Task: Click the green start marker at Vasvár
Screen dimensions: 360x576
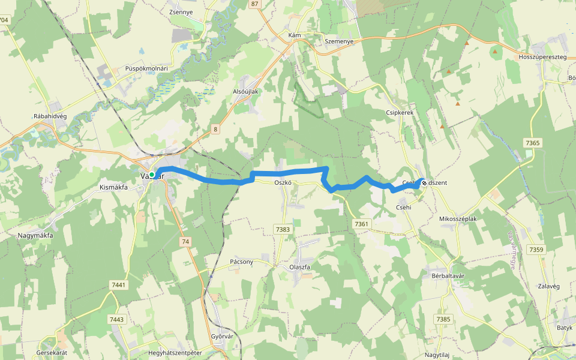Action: (152, 175)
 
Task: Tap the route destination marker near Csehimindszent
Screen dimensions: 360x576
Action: (424, 182)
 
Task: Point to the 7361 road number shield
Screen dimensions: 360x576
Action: (361, 224)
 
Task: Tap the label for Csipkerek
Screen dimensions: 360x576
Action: (400, 112)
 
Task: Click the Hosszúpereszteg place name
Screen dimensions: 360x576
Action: (542, 56)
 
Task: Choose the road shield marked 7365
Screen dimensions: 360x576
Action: (532, 143)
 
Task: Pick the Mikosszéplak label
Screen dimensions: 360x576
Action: (458, 219)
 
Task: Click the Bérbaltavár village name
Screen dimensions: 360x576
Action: (445, 275)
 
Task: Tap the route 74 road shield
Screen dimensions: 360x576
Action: (185, 241)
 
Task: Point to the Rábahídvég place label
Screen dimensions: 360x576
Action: (54, 116)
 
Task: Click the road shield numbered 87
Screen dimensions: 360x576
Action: (255, 4)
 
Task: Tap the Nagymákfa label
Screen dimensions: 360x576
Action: (35, 235)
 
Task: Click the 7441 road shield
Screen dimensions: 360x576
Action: (118, 285)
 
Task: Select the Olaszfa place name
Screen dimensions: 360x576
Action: (299, 266)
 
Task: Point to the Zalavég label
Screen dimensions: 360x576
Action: (549, 286)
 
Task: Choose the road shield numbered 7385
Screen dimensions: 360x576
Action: (444, 319)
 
